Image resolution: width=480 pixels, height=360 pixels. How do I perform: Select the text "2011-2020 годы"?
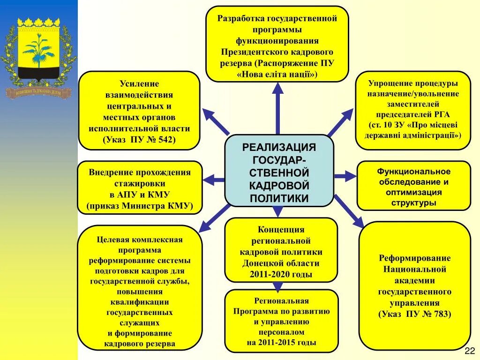point(281,274)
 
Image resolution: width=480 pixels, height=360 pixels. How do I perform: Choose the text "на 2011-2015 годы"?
point(281,342)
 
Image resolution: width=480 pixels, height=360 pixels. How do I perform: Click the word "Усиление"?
point(139,83)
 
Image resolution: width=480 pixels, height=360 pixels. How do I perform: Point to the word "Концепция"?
point(281,230)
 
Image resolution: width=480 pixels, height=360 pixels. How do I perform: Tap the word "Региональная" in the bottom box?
point(281,301)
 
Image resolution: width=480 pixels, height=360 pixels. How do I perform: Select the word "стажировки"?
point(139,184)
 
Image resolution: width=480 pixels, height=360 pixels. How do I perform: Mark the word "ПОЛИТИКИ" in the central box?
point(279,198)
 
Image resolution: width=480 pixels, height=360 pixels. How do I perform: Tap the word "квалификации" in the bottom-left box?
point(140,302)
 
